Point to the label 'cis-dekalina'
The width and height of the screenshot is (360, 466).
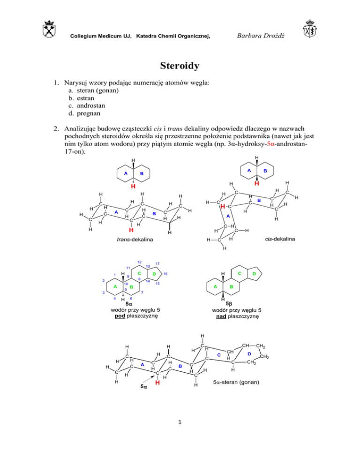[279, 239]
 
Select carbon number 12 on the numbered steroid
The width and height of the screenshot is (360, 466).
[139, 262]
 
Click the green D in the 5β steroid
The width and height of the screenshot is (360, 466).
[254, 273]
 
